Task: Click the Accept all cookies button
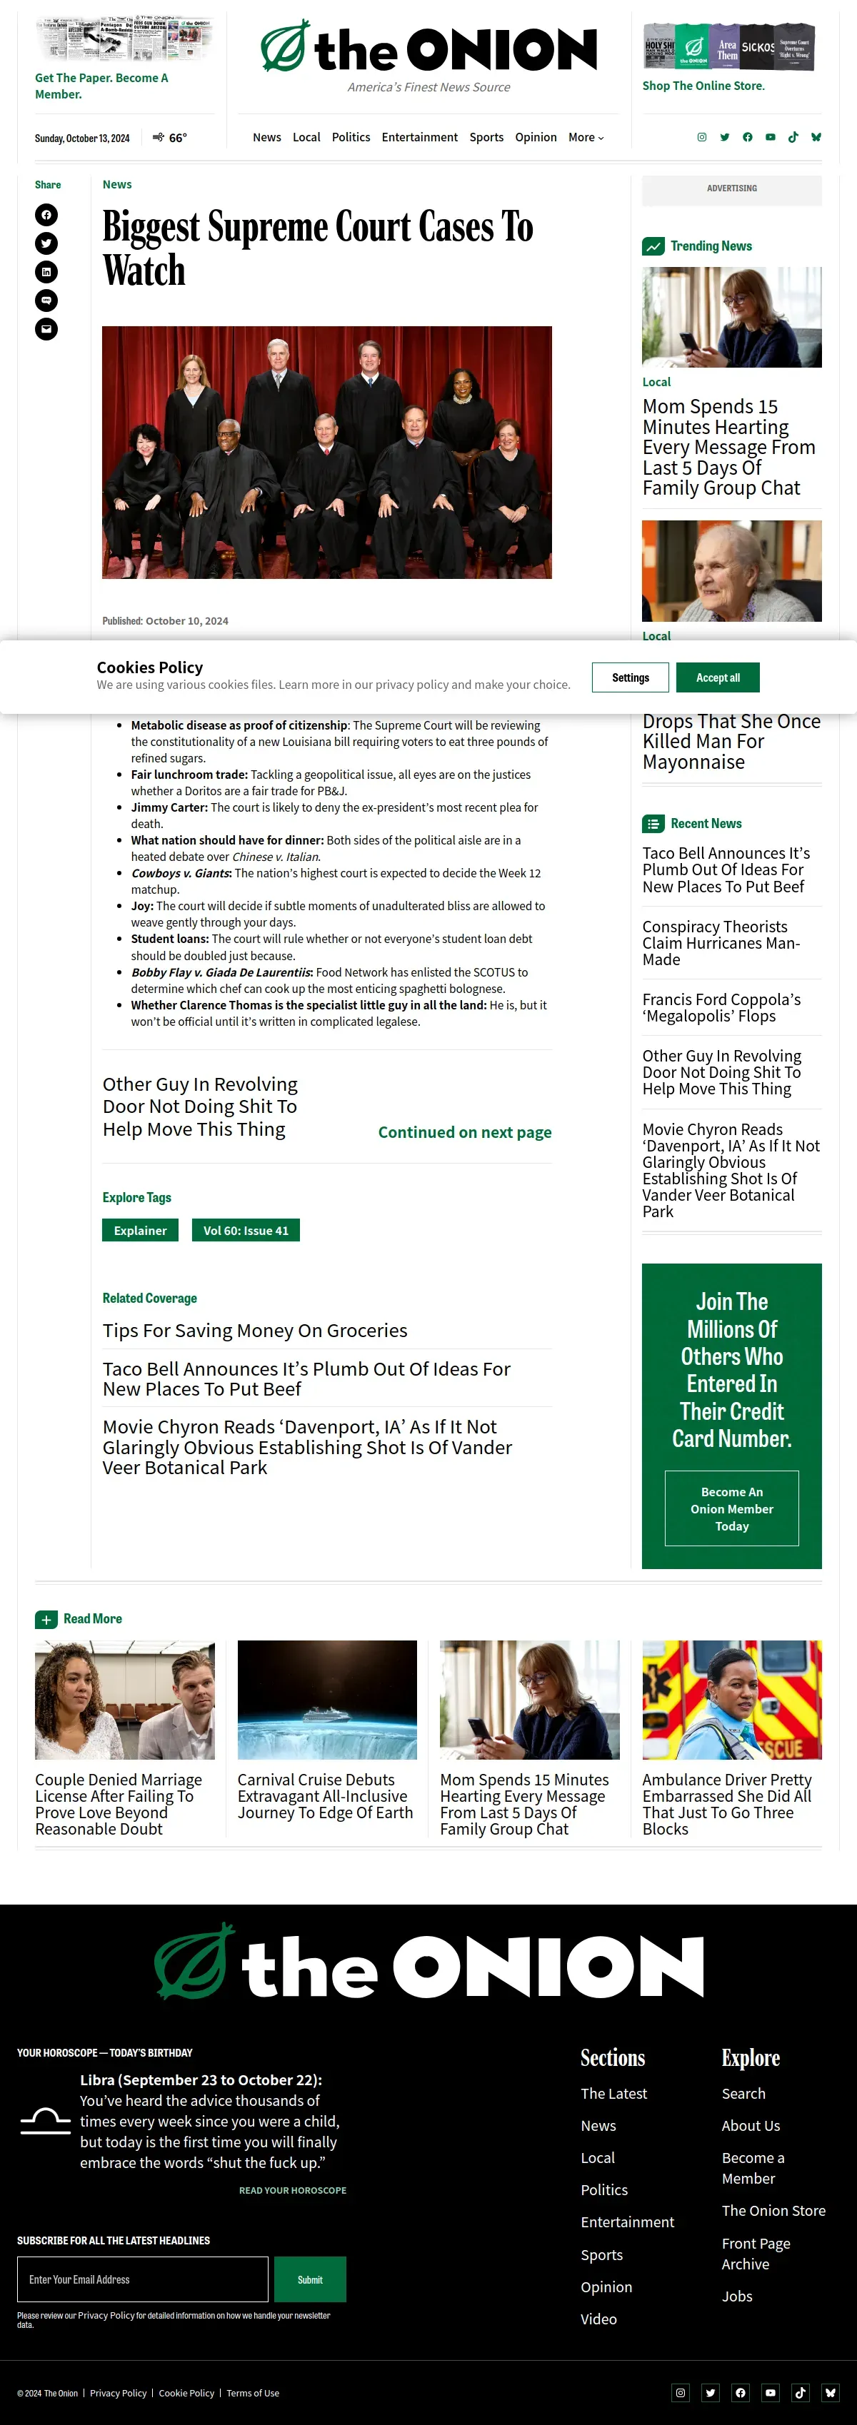tap(718, 677)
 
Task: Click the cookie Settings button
tap(630, 677)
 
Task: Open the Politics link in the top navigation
tap(351, 138)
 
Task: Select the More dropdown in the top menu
tap(586, 138)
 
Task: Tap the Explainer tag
tap(140, 1231)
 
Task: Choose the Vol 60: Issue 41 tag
tap(246, 1231)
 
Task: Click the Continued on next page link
tap(464, 1131)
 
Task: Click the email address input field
tap(142, 2279)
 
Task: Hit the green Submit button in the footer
tap(310, 2279)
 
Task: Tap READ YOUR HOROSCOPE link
tap(292, 2189)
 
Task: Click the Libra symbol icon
tap(45, 2121)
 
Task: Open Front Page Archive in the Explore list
tap(756, 2253)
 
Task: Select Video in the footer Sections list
tap(598, 2319)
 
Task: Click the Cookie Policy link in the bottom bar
tap(186, 2393)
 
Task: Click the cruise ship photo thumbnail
tap(327, 1699)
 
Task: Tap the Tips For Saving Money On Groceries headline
tap(255, 1330)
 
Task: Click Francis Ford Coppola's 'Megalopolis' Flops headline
tap(721, 1007)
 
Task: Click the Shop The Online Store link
tap(703, 86)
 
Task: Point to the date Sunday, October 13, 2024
tap(82, 138)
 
